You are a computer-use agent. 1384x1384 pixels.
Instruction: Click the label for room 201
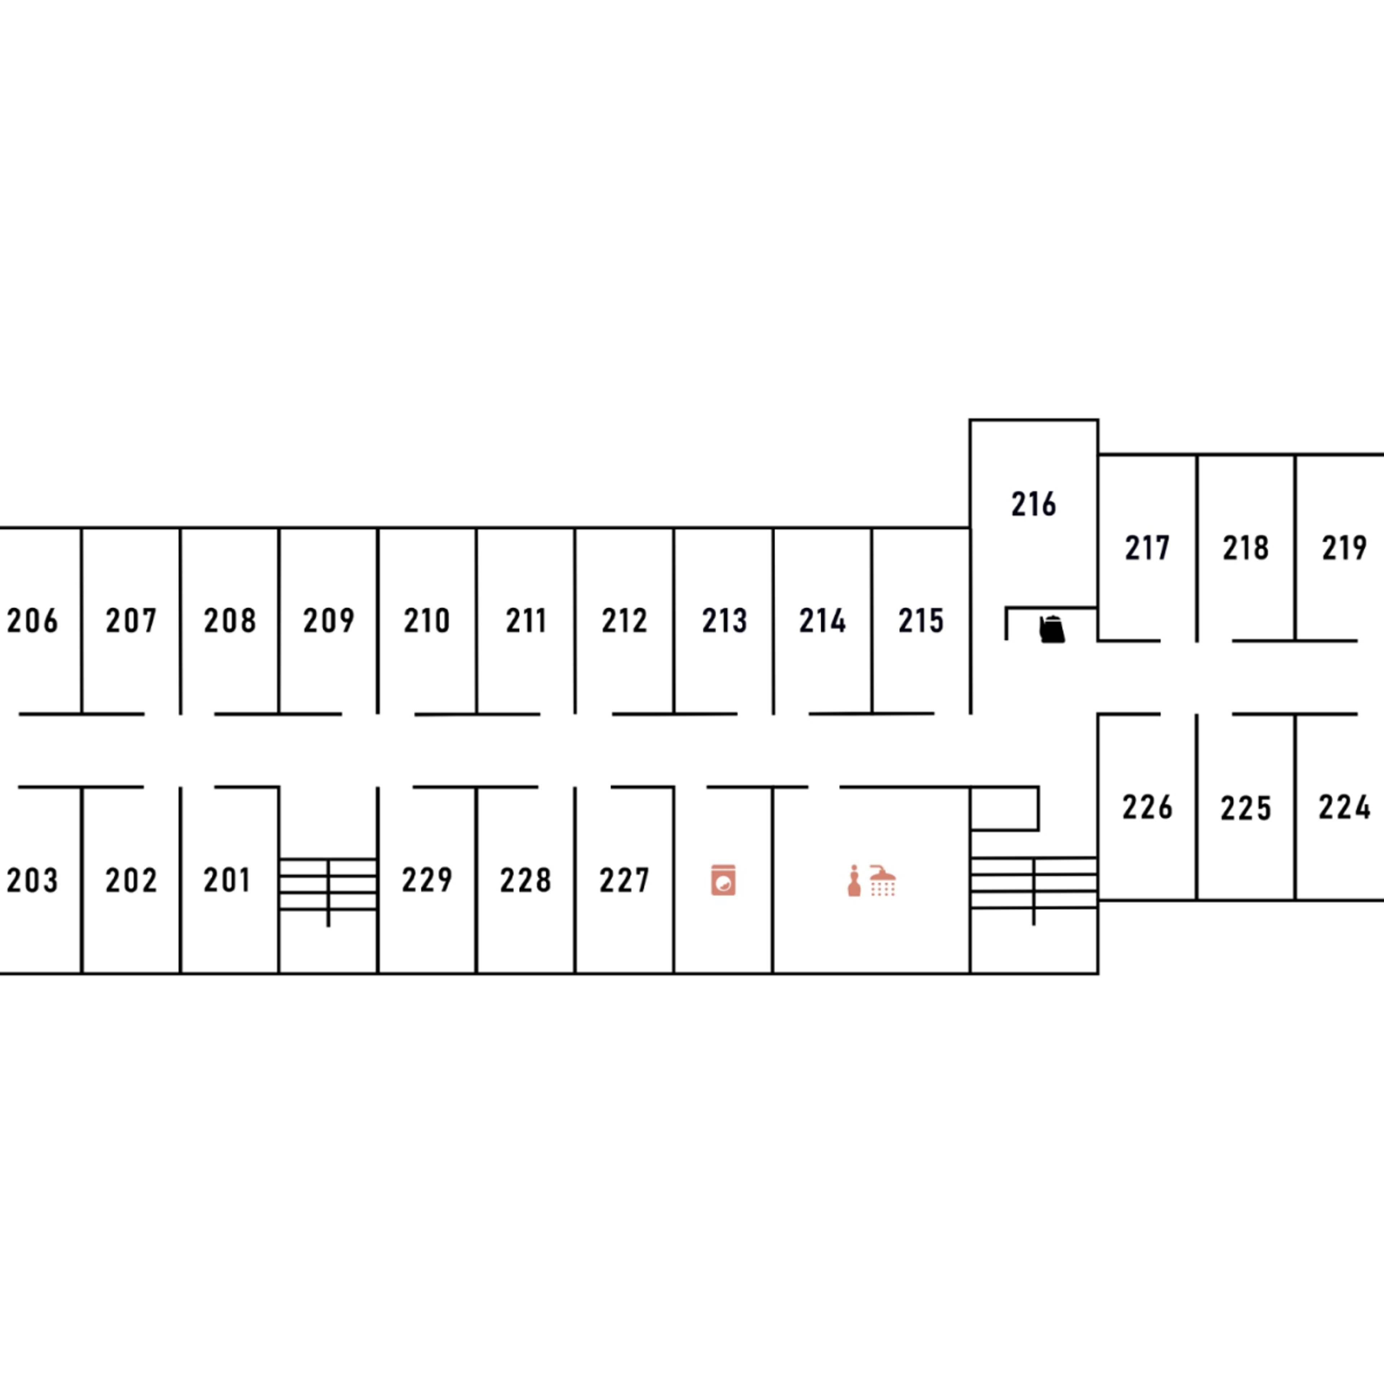227,880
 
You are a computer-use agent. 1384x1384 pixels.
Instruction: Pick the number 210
427,620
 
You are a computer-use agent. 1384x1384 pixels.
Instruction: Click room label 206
32,620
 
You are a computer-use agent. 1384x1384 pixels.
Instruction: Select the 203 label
32,880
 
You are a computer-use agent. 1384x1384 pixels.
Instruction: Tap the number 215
921,620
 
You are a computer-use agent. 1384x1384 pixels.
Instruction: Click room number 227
625,880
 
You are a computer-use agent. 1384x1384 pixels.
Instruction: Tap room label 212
625,620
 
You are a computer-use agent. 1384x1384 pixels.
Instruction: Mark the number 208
230,620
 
